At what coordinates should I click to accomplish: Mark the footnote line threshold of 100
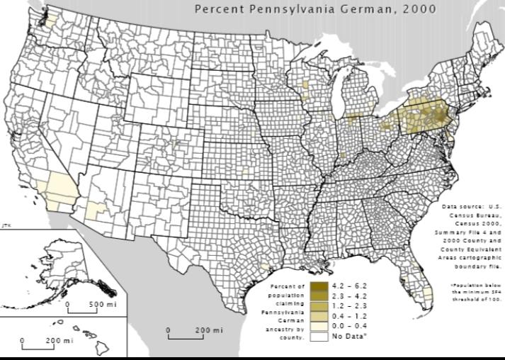point(476,300)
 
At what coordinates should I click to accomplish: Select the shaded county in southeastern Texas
point(265,266)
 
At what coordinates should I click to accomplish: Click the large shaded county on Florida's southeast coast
point(428,293)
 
